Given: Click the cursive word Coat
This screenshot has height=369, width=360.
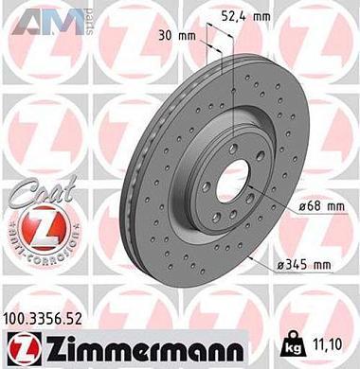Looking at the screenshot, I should pos(36,195).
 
